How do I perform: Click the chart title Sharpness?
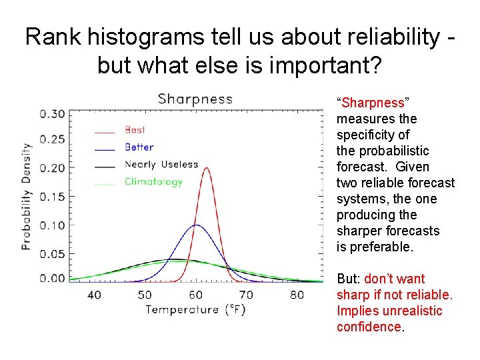point(195,99)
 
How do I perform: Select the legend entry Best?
point(135,130)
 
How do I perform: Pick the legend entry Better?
point(139,147)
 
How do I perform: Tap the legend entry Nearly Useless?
point(161,165)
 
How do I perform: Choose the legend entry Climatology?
point(153,182)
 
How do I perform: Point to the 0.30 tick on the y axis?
point(53,114)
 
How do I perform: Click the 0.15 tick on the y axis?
point(53,197)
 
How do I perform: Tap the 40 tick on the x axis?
point(94,295)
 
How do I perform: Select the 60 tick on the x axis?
point(195,295)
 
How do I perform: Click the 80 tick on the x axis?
point(297,295)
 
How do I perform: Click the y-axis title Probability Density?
point(27,197)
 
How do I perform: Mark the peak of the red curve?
point(206,168)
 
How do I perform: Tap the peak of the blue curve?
point(195,225)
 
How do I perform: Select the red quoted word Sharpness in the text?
point(373,103)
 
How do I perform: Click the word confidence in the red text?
point(369,327)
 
